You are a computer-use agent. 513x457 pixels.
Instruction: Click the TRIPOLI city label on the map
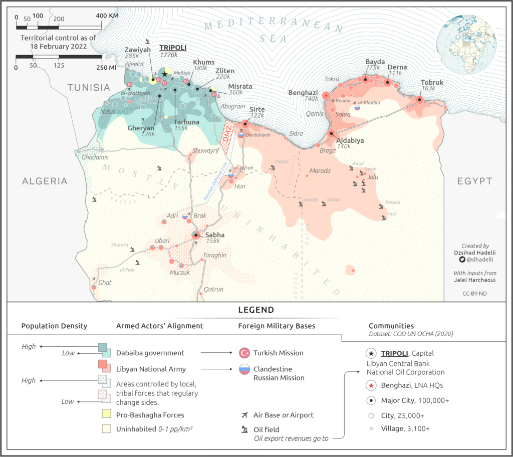pos(173,48)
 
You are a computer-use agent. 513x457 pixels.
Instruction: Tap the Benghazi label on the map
pos(303,92)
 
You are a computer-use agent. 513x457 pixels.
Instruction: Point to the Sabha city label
pos(214,235)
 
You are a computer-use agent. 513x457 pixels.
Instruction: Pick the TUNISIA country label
pos(89,87)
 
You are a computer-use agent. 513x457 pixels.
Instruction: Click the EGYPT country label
pos(474,181)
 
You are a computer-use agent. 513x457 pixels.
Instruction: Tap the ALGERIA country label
pos(44,181)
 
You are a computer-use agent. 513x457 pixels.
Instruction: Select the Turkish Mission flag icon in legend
pos(244,353)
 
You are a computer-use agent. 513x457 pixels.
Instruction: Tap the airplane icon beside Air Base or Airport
pos(244,415)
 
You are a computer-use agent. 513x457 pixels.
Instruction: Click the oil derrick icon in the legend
pos(244,429)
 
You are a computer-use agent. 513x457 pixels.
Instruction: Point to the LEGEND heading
pos(256,310)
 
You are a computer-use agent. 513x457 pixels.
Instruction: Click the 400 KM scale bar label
pos(108,16)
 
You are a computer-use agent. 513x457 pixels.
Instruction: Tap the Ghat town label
pos(105,283)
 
